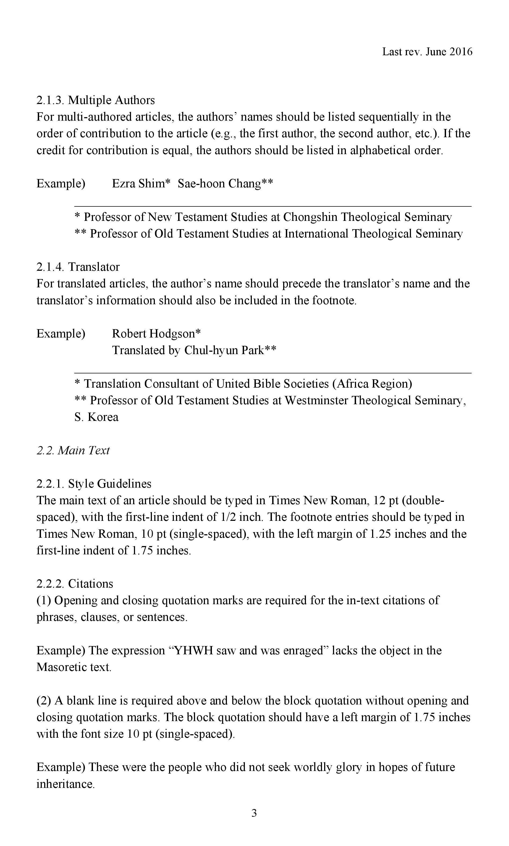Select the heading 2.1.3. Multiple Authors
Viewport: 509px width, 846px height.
[x=96, y=100]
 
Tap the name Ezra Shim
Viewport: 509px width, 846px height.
[x=139, y=184]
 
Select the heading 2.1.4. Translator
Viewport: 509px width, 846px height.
[x=78, y=267]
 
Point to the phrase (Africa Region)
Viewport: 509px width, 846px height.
[x=372, y=384]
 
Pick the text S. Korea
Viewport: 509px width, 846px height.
[x=96, y=417]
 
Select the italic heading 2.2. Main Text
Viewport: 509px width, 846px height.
[x=73, y=450]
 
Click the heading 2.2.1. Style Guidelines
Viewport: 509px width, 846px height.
[x=94, y=484]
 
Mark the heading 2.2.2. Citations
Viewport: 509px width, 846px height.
[x=75, y=584]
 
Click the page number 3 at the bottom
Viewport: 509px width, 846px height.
[x=254, y=813]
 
